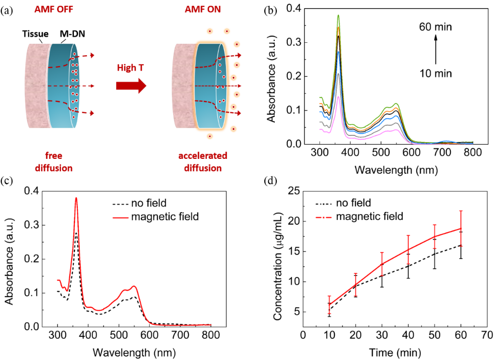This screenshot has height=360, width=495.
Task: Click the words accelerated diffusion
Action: [x=201, y=162]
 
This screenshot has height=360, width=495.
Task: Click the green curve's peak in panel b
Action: [x=339, y=15]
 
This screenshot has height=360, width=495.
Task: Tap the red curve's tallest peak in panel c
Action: [x=76, y=198]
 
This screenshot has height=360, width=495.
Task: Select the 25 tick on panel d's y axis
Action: [x=293, y=191]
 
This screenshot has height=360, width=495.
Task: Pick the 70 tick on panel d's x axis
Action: [x=487, y=335]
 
